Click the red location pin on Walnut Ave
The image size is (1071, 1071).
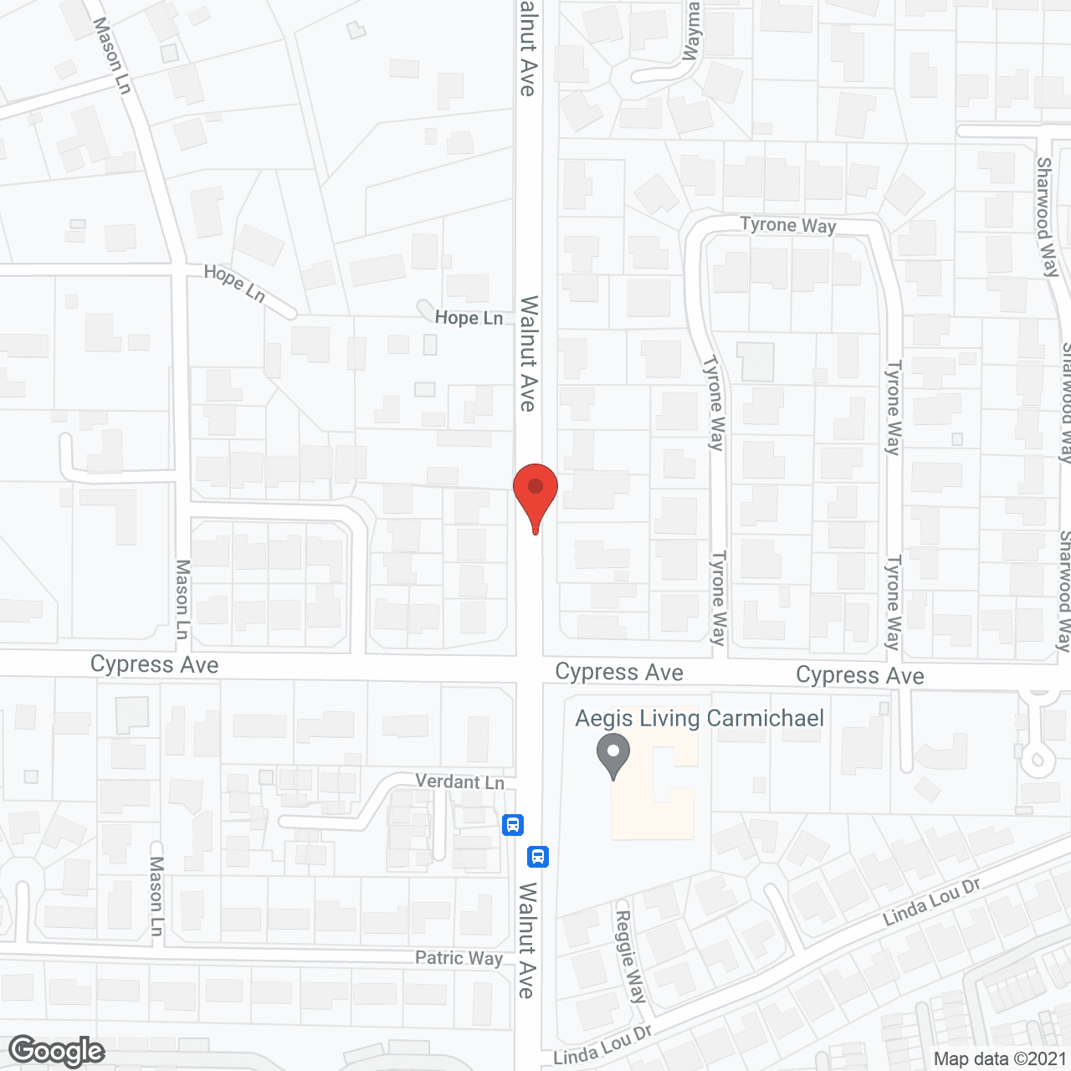[535, 490]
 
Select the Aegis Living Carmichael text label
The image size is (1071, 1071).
[699, 719]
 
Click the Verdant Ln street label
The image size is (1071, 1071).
[460, 781]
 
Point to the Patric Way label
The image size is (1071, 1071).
[459, 958]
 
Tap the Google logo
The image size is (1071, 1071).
[57, 1051]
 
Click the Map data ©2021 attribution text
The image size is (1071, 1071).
[1000, 1058]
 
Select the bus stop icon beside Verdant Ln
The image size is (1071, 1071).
[513, 825]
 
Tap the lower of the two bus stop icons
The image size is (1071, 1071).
[538, 856]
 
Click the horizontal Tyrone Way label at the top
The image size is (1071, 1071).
[788, 225]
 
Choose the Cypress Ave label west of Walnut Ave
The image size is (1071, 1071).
[155, 664]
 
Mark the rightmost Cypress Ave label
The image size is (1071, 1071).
[860, 675]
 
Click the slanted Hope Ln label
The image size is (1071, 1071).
[235, 284]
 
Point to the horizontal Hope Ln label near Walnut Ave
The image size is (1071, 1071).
[469, 317]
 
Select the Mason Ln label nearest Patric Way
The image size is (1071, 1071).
[156, 895]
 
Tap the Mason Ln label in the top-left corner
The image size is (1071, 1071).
[112, 55]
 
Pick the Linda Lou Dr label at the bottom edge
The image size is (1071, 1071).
[602, 1047]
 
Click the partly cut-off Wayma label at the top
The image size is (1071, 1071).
[692, 32]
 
